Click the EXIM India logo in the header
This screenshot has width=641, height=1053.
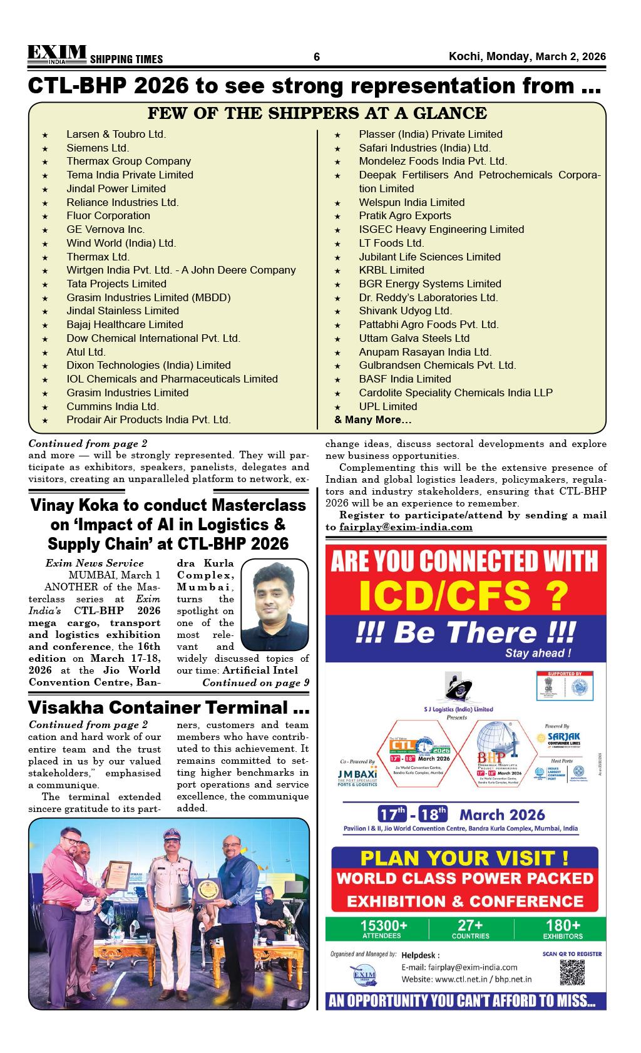56,54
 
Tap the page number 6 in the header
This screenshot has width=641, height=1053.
317,57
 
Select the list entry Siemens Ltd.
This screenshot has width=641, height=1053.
98,148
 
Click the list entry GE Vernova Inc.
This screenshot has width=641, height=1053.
105,229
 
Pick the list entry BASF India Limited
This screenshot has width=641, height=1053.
404,379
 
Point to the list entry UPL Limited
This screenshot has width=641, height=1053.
387,406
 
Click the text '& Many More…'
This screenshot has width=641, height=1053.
373,419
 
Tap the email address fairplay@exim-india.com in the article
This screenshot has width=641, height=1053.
406,527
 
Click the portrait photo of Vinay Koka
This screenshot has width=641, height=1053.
275,605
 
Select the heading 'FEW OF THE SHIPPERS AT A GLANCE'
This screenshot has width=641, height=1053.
317,113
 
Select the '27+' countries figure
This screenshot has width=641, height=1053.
470,925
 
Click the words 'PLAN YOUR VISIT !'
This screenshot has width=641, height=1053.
464,858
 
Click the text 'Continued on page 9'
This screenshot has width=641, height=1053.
255,683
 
